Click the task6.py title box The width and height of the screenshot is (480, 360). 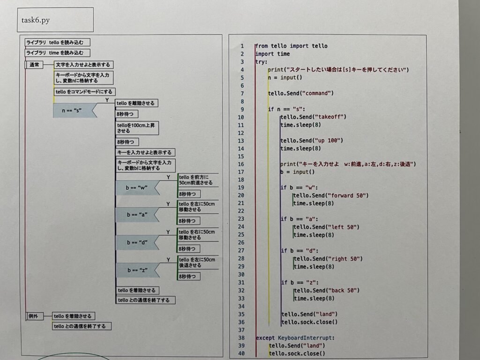55,20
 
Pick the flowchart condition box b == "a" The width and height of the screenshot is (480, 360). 136,215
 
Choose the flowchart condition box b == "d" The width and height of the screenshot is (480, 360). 136,242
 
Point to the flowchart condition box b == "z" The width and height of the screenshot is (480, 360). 136,270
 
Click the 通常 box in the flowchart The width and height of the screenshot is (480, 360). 34,65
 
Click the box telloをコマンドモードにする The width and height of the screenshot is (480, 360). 85,92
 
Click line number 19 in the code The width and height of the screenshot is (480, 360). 241,187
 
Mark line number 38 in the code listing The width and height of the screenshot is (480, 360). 241,337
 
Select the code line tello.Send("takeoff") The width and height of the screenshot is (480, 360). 313,117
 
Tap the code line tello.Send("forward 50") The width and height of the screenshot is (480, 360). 330,195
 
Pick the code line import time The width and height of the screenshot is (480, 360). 272,54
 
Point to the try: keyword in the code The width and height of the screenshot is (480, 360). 261,62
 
